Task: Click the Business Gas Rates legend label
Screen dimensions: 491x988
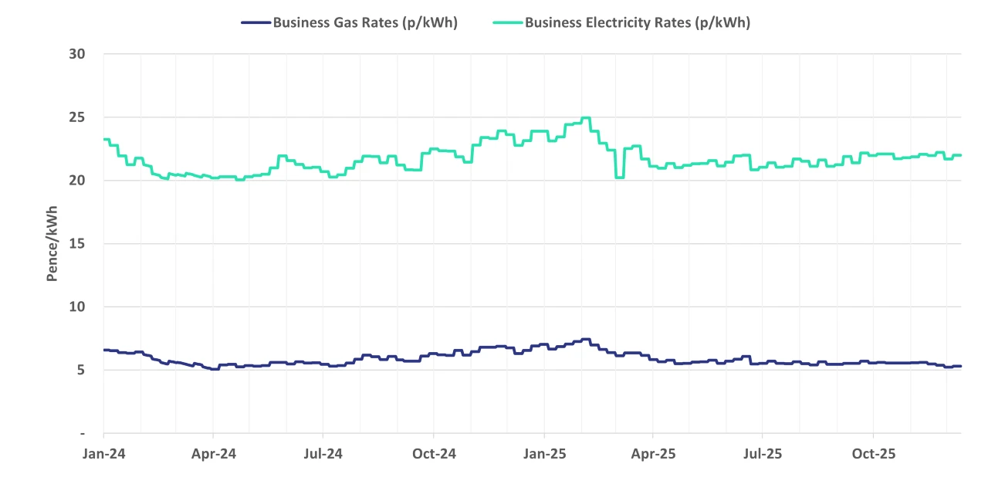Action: [x=365, y=22]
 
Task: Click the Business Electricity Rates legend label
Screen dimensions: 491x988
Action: [x=638, y=22]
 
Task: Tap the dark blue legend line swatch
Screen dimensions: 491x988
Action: [x=255, y=22]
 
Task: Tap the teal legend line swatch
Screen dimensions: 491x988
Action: [x=508, y=22]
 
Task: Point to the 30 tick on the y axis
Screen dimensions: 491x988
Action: [x=76, y=54]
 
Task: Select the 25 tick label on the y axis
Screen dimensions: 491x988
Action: [x=76, y=117]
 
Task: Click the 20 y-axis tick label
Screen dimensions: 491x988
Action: [x=76, y=181]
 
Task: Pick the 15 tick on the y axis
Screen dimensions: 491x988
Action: [x=76, y=244]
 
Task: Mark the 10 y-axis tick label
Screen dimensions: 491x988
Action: [x=76, y=307]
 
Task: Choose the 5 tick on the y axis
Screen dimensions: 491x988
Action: [x=80, y=370]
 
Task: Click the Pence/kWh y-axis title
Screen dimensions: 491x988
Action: [x=52, y=244]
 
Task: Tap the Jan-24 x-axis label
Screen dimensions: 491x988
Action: [x=103, y=454]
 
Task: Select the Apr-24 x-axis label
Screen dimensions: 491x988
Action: [x=213, y=454]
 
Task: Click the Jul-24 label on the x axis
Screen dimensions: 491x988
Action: [x=323, y=454]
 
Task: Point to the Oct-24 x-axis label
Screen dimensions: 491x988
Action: [x=434, y=454]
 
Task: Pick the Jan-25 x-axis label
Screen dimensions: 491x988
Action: [x=544, y=454]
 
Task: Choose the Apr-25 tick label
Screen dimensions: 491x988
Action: [x=653, y=454]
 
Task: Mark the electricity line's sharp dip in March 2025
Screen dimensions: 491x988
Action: [x=619, y=178]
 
